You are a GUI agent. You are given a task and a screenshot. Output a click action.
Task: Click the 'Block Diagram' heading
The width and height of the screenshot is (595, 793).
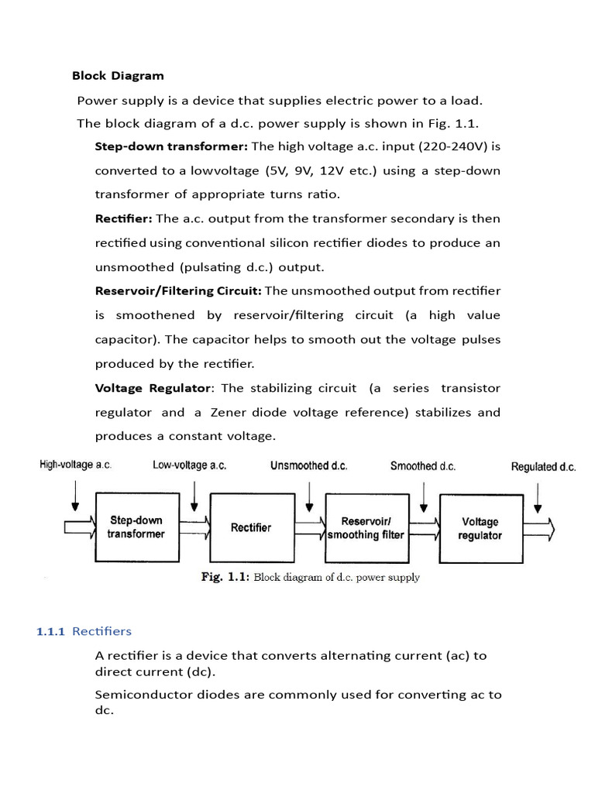[x=118, y=76]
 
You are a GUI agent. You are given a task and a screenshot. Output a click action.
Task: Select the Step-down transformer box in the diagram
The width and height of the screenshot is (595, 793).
[x=136, y=527]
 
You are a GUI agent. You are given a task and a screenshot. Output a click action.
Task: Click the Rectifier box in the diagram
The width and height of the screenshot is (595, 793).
[x=251, y=527]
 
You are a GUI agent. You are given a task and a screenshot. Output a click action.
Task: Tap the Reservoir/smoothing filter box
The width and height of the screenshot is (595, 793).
[x=366, y=527]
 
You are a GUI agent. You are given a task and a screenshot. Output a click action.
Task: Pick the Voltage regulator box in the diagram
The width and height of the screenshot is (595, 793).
[x=480, y=528]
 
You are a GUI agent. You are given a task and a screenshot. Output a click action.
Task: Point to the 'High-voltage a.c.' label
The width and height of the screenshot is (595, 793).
[x=75, y=465]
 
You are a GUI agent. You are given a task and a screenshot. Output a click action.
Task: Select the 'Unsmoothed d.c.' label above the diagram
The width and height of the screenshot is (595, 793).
[x=308, y=465]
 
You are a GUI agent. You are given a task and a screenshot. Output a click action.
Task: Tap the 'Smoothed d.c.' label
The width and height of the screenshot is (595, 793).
[x=423, y=465]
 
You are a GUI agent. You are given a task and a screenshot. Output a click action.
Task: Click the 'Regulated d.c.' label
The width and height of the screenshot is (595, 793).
[x=543, y=467]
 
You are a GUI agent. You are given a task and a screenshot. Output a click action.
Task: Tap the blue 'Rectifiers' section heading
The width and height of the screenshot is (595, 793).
[x=101, y=631]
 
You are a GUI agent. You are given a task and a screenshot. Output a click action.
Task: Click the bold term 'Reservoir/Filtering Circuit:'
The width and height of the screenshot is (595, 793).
[x=178, y=290]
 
